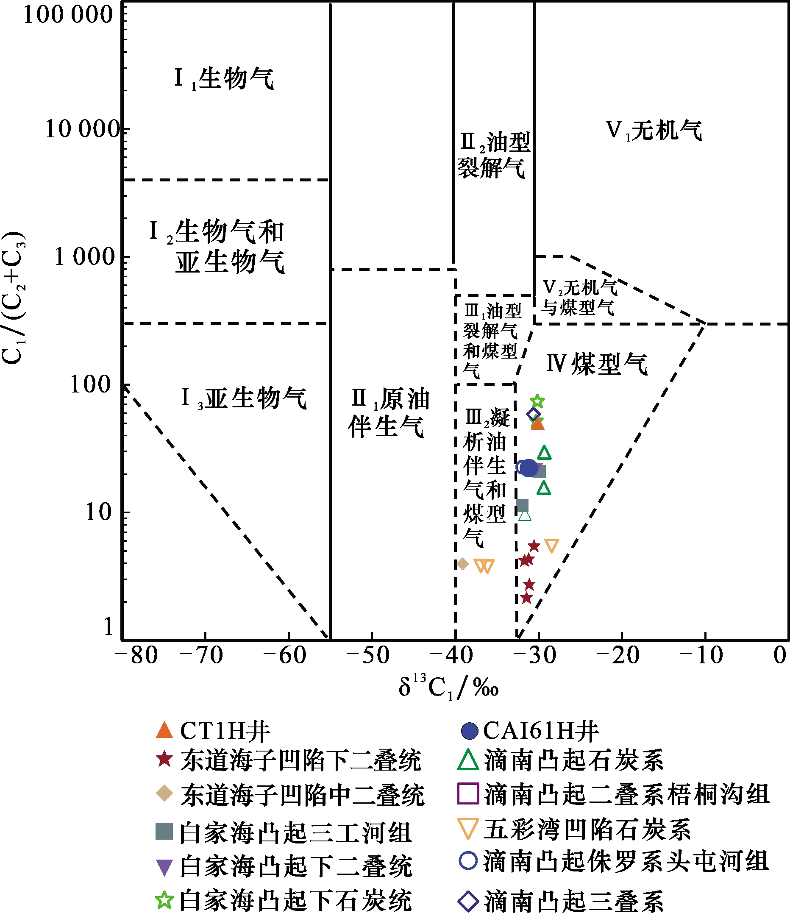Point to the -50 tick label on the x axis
[x=369, y=655]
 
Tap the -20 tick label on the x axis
[x=618, y=655]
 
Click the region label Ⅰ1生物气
[x=224, y=79]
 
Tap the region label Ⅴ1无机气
[x=654, y=131]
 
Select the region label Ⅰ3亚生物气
[x=244, y=398]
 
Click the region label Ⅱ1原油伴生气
[x=389, y=413]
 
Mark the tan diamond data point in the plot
[x=462, y=564]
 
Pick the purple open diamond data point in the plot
[x=534, y=415]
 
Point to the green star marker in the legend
[x=164, y=900]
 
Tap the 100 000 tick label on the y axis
[x=68, y=14]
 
